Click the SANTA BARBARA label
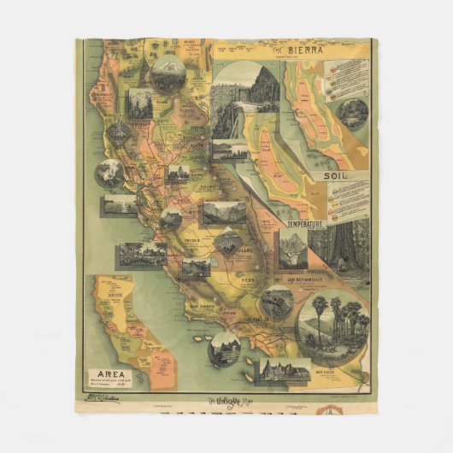[203, 305]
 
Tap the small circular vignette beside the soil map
[351, 115]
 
